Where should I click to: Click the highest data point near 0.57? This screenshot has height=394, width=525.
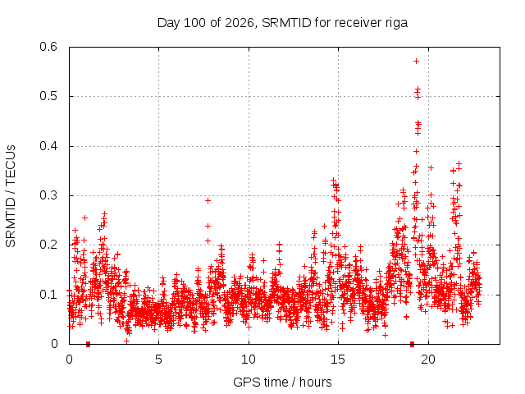[416, 61]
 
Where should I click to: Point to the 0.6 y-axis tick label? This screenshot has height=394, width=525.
[48, 47]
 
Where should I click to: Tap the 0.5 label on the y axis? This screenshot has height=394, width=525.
[48, 96]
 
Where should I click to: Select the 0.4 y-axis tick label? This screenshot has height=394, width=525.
[48, 146]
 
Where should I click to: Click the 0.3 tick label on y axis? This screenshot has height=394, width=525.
[48, 195]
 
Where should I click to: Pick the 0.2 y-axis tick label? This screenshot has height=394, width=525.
[48, 245]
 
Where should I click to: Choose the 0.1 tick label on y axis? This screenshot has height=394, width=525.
[48, 295]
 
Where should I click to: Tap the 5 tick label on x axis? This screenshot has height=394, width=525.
[158, 360]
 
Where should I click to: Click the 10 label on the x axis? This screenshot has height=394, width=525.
[249, 360]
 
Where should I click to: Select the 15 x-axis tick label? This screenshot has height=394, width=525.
[338, 360]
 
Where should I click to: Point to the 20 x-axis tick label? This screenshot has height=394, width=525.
[428, 360]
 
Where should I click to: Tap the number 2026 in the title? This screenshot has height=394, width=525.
[239, 23]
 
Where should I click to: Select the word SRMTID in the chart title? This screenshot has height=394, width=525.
[286, 23]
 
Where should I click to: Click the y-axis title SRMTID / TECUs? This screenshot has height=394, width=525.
[11, 196]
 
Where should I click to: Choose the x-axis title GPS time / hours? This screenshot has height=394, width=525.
[282, 382]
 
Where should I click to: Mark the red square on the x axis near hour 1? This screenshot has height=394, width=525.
[88, 344]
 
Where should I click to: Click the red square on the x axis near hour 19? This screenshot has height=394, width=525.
[412, 344]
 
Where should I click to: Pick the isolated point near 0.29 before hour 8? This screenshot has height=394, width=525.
[208, 200]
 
